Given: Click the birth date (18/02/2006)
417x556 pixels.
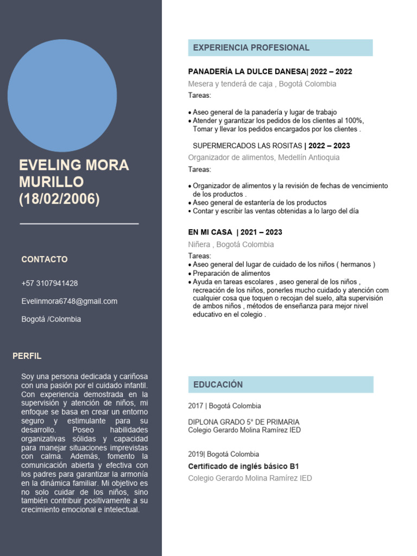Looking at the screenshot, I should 59,199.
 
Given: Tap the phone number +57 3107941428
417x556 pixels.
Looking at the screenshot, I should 49,283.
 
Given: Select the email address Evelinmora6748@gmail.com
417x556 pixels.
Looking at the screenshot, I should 69,301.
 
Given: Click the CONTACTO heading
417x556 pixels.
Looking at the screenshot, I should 45,260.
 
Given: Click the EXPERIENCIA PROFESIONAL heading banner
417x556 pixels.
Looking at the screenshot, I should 280,48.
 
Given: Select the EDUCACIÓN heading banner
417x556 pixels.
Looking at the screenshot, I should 280,384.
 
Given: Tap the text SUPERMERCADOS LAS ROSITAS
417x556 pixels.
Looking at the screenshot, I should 248,146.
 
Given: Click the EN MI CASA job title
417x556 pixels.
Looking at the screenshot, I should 210,232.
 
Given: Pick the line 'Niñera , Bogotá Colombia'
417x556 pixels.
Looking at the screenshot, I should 231,244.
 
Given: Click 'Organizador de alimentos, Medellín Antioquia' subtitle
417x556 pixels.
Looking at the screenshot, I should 263,157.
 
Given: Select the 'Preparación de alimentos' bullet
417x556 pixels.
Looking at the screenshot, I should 231,274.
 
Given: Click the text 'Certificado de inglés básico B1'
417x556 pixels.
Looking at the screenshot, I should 243,466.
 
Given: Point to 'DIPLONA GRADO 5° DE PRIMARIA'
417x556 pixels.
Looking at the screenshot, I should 243,422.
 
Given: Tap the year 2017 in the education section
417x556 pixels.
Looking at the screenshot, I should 195,406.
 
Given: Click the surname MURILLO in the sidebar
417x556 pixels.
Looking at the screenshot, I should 52,181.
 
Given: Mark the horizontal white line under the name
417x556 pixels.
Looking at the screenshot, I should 79,223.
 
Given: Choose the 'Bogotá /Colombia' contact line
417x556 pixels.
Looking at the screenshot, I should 51,319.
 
